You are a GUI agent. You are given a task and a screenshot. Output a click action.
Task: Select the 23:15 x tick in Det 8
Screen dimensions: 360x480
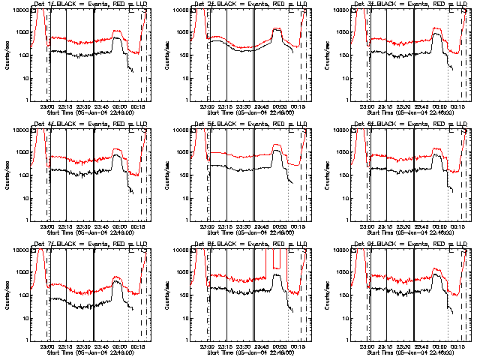tap(227, 346)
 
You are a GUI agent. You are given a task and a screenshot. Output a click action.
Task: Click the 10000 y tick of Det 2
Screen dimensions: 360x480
tap(178, 10)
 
